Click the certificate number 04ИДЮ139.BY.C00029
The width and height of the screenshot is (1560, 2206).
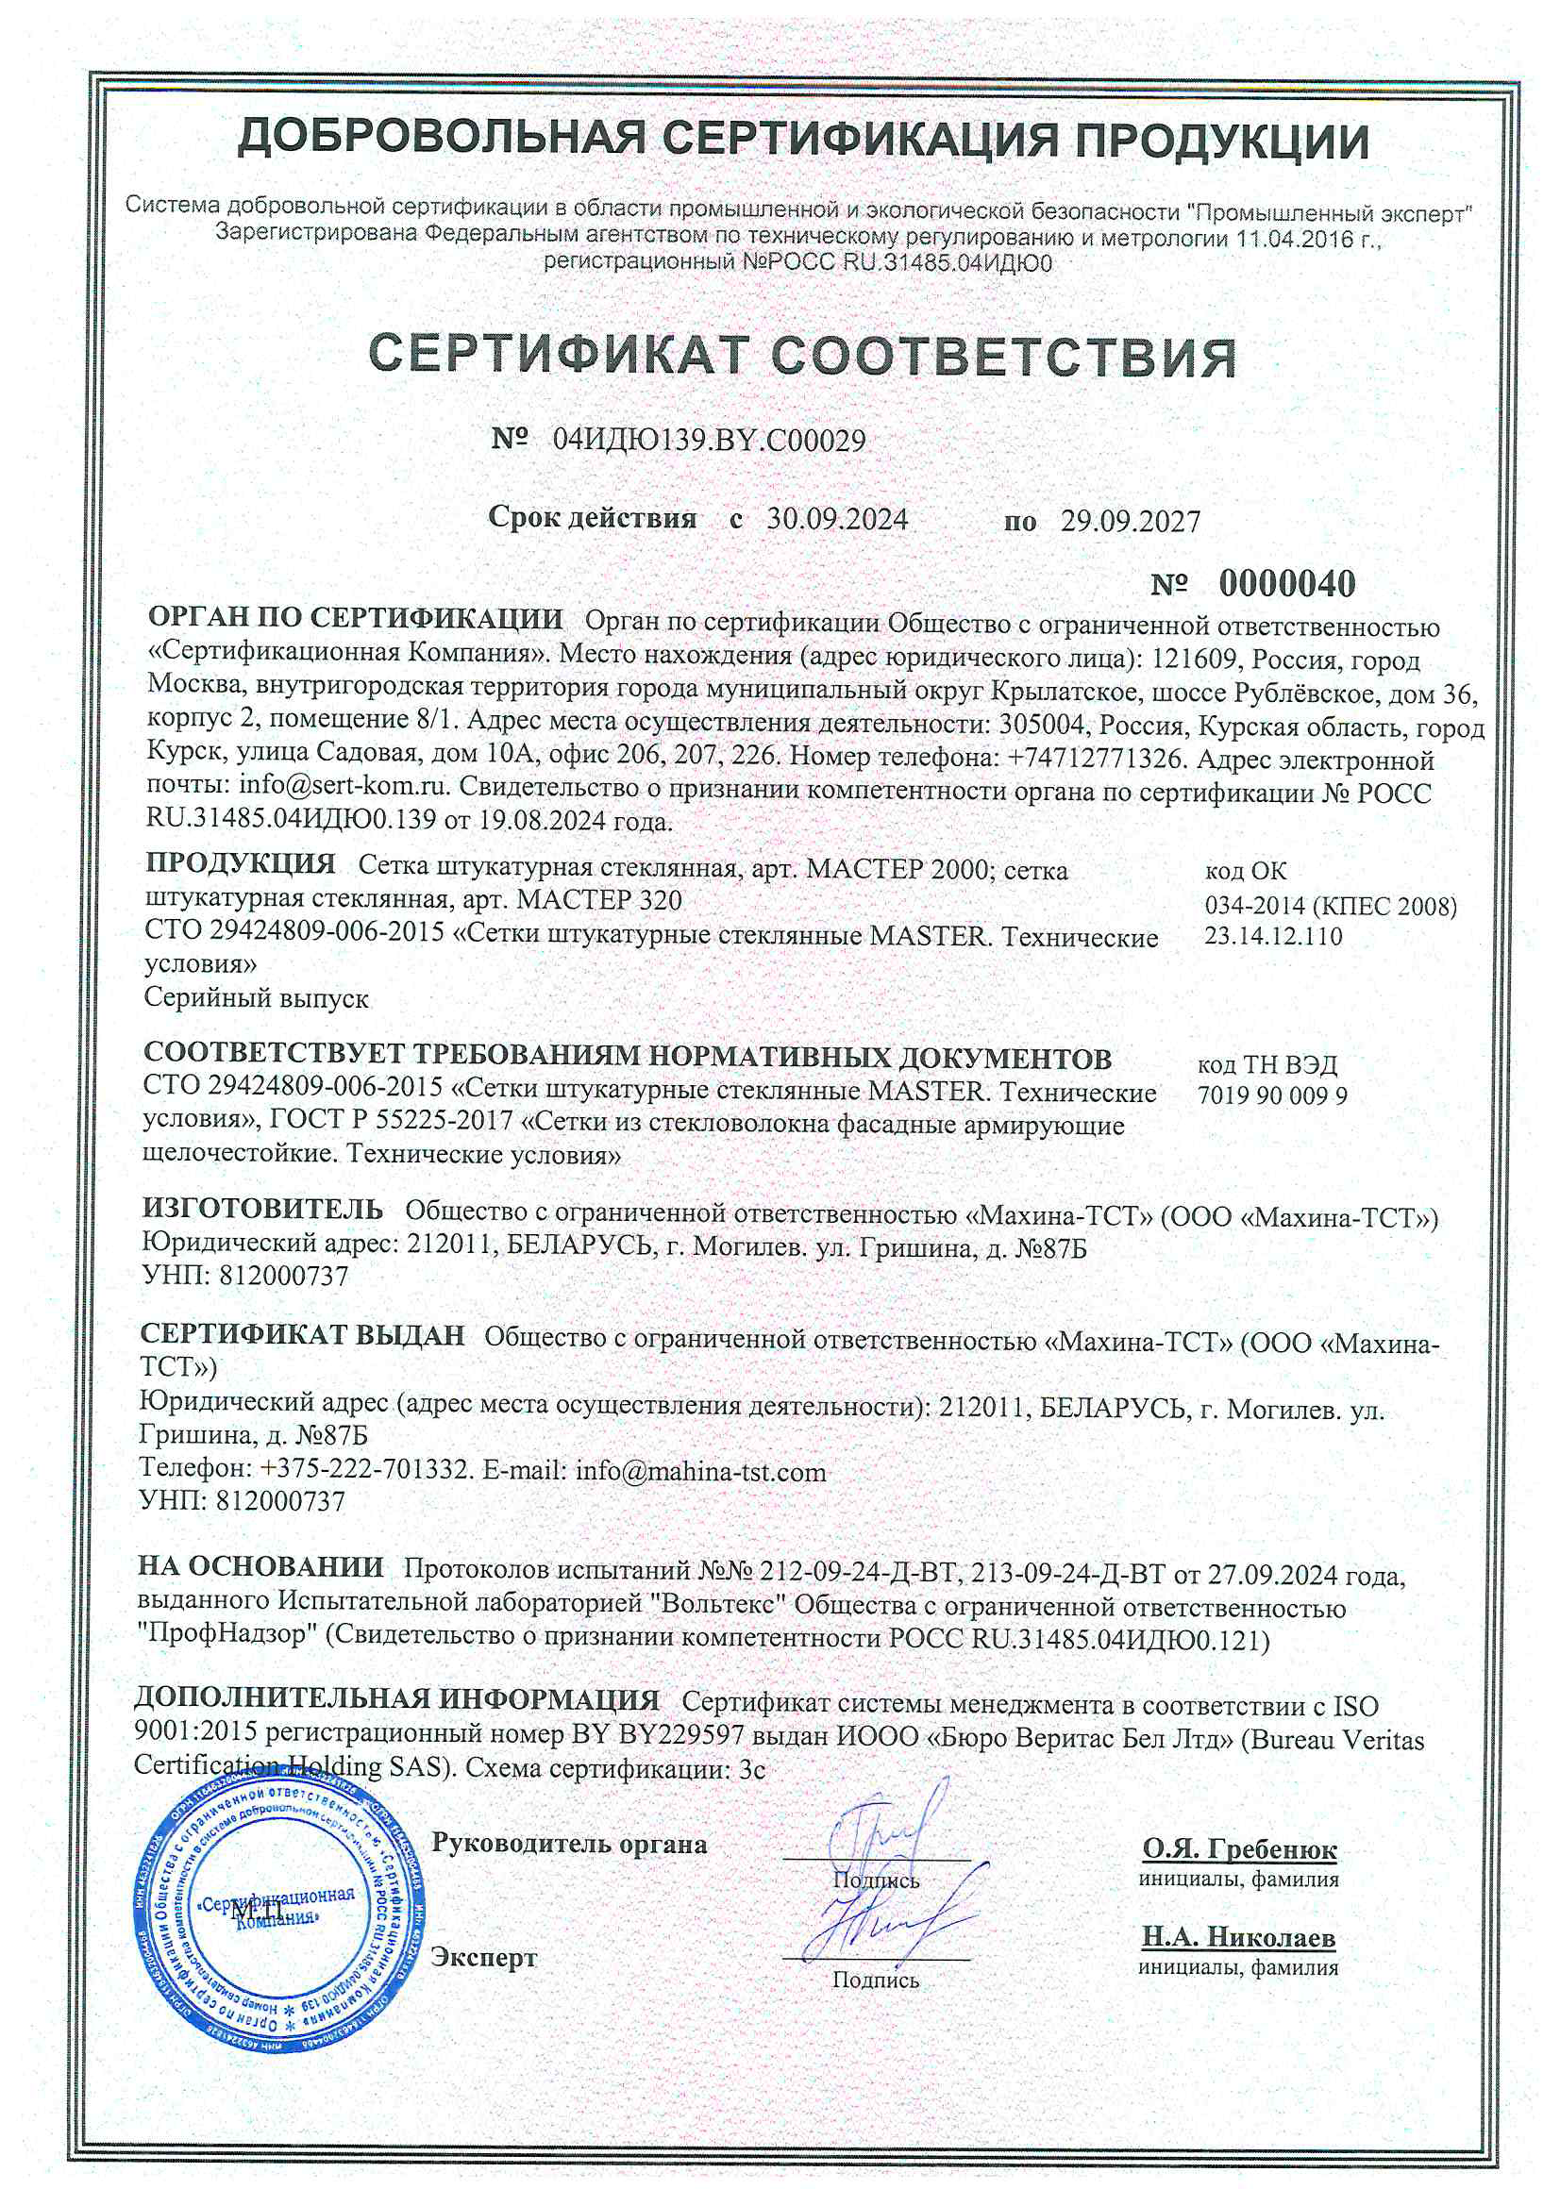[x=709, y=440]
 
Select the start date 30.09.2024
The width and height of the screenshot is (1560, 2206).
[x=836, y=519]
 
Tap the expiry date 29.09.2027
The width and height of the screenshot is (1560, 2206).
[x=1131, y=521]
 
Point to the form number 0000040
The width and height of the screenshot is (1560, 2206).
[x=1287, y=583]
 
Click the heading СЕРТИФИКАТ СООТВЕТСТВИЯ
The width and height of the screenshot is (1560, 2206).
[x=802, y=356]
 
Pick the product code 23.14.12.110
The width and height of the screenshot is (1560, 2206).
[x=1272, y=936]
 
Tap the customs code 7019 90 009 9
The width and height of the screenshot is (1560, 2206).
[x=1271, y=1095]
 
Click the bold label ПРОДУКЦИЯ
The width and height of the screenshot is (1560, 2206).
[x=241, y=862]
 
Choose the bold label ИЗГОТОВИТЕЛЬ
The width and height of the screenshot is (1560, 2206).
[x=261, y=1208]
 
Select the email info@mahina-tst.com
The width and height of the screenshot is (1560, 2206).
[x=699, y=1472]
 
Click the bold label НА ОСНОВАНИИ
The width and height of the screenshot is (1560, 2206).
[x=260, y=1566]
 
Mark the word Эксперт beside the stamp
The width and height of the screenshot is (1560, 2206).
[x=483, y=1957]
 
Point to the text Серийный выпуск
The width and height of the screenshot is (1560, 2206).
[x=256, y=998]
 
